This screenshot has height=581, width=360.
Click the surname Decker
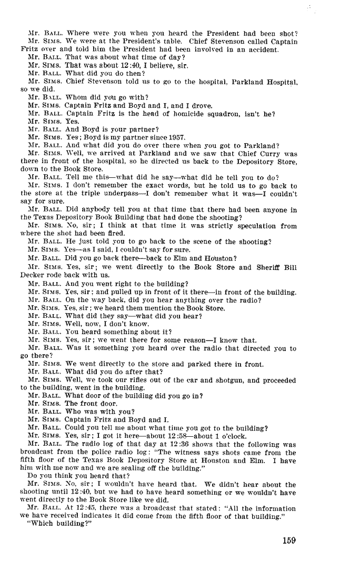31,275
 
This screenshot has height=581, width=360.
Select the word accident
263,50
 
